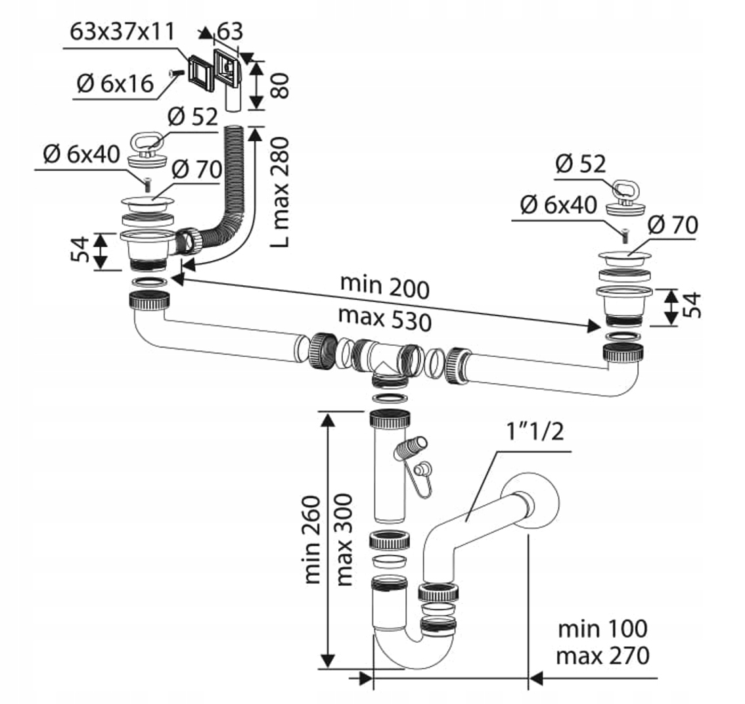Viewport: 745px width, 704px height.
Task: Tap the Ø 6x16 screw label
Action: click(x=115, y=83)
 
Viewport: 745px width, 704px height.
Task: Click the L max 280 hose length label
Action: click(x=280, y=192)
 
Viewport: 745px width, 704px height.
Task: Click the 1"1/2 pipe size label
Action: click(x=533, y=432)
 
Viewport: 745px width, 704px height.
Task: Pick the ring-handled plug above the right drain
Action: click(x=621, y=197)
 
